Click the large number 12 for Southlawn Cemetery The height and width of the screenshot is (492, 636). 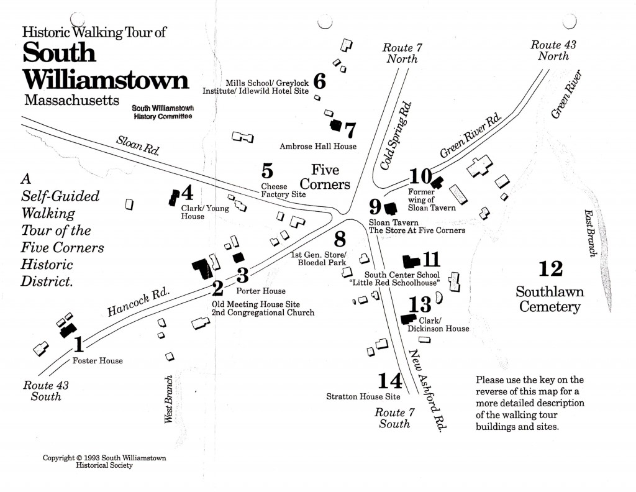[550, 268]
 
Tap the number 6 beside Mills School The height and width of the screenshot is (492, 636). [320, 81]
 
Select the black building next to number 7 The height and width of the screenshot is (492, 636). [336, 125]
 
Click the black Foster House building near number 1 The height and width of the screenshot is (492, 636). [67, 330]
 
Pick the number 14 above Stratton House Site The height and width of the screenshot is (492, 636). [390, 380]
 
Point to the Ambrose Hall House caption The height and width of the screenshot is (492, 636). [318, 146]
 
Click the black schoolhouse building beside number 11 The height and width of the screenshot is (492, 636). [411, 260]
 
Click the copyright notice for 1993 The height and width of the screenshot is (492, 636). [104, 462]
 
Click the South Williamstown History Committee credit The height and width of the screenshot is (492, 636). [161, 112]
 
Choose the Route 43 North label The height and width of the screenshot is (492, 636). [549, 50]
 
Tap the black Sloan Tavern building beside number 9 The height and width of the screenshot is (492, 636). [391, 208]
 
